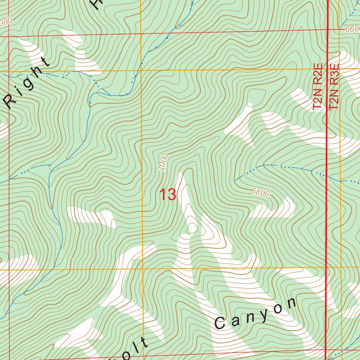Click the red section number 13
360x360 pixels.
pyautogui.click(x=168, y=194)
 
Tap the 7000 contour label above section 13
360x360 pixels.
pyautogui.click(x=163, y=162)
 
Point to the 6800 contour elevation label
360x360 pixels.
pyautogui.click(x=261, y=192)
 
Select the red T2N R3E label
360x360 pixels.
pyautogui.click(x=334, y=86)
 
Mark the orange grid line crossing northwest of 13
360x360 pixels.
pyautogui.click(x=141, y=70)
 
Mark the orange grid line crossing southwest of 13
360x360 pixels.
pyautogui.click(x=142, y=269)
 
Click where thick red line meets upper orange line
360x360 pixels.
pyautogui.click(x=328, y=70)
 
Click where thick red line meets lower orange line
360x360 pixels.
pyautogui.click(x=327, y=268)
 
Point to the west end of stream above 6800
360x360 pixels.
pyautogui.click(x=235, y=181)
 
